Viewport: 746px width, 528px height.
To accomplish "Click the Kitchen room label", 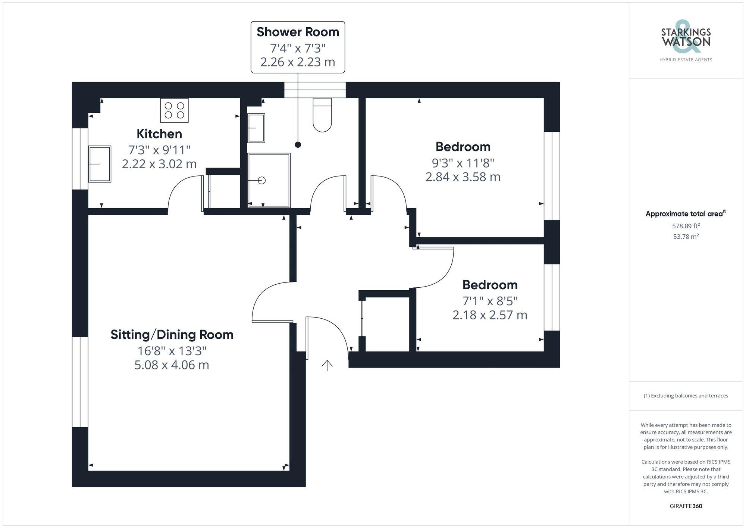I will coord(159,134).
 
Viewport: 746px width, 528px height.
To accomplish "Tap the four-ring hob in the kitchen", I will coord(174,110).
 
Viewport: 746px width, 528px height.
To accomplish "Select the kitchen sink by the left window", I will coord(100,164).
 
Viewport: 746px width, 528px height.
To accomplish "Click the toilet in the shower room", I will coord(322,115).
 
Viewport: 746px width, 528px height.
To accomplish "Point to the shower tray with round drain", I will coord(269,180).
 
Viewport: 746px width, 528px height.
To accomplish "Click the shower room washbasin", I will coord(256,128).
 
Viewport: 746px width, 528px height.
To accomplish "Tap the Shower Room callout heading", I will coord(298,32).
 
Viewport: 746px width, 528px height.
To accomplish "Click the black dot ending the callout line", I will coord(298,145).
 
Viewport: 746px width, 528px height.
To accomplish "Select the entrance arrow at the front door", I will coord(327,365).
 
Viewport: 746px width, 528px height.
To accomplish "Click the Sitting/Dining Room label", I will coord(172,335).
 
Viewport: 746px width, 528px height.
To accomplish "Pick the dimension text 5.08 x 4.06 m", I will coord(172,365).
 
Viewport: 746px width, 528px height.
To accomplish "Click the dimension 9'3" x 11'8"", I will coord(463,163).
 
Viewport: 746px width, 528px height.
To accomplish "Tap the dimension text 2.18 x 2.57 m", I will coord(490,315).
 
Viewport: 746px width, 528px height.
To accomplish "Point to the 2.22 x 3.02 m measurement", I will coord(159,164).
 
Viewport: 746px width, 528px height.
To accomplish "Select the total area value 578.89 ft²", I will coord(686,226).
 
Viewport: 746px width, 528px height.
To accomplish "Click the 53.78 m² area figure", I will coord(686,236).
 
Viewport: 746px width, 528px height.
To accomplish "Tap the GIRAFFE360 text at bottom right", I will coord(686,506).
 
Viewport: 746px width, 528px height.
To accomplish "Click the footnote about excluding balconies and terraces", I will coord(686,396).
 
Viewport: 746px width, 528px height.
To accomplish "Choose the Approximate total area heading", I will coord(686,214).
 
